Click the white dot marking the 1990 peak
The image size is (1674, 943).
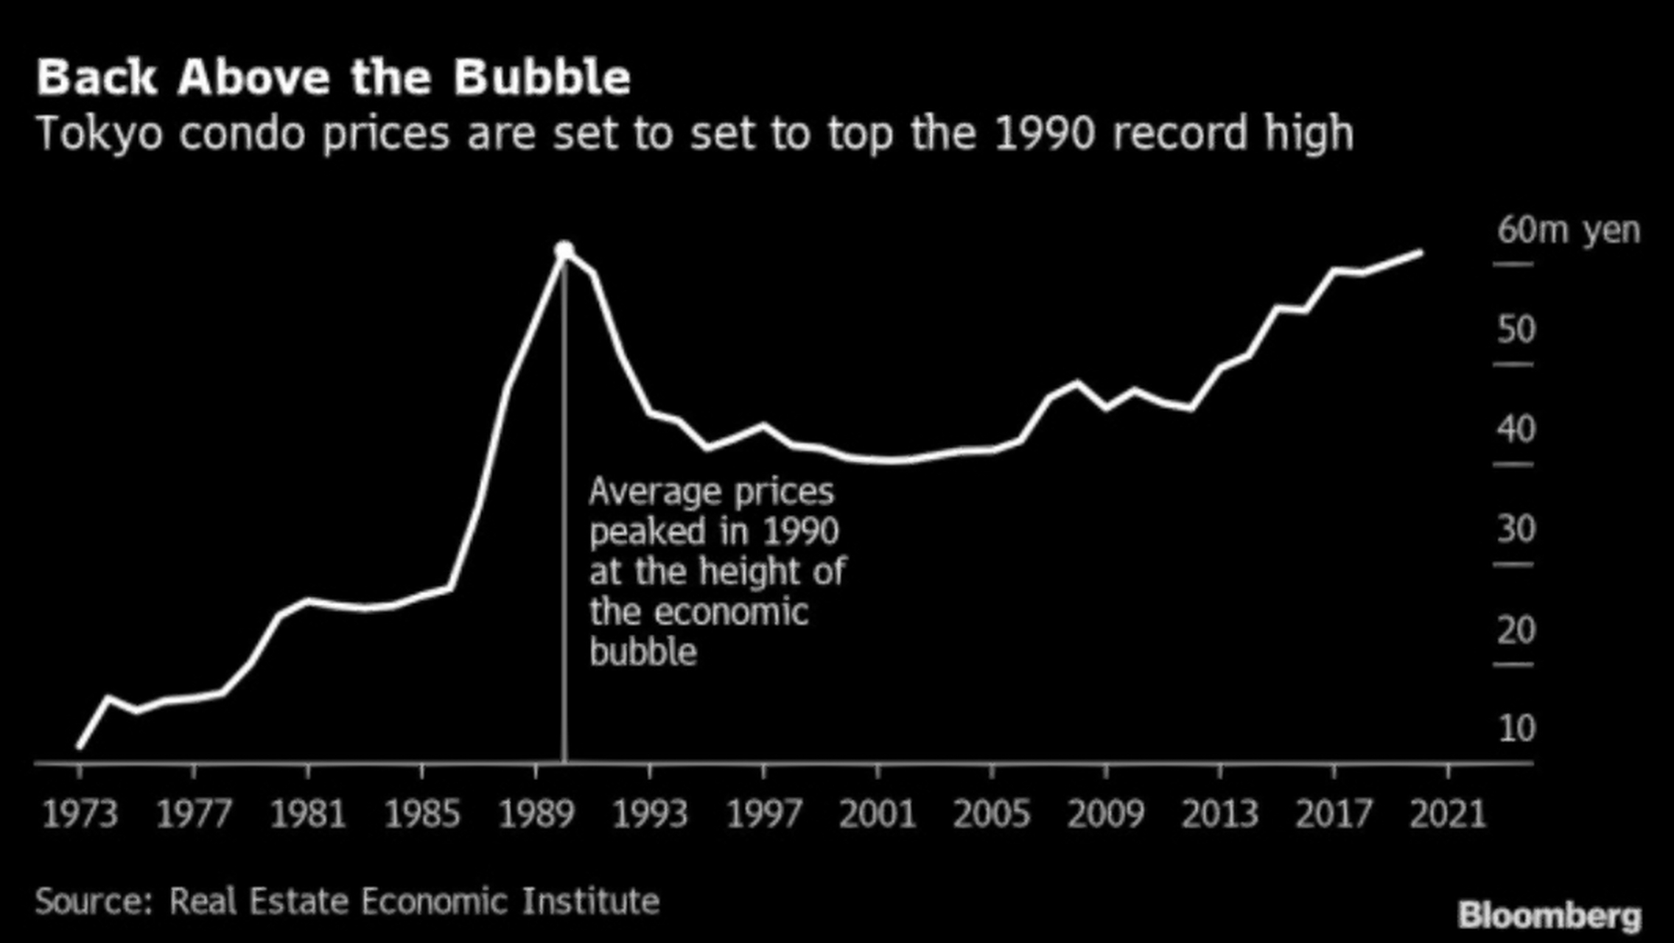[x=564, y=250]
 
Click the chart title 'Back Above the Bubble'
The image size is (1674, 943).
[x=333, y=77]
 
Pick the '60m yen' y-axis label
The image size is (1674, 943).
[x=1569, y=231]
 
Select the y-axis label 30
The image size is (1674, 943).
[x=1516, y=529]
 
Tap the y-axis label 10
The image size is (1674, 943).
[x=1516, y=729]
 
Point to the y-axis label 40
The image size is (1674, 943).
[x=1516, y=430]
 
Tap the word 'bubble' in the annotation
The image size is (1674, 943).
[x=643, y=653]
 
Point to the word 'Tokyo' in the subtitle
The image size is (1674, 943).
[x=99, y=135]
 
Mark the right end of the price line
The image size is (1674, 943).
[x=1421, y=253]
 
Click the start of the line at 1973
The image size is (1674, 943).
[x=80, y=747]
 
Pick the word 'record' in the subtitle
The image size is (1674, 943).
[x=1179, y=133]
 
